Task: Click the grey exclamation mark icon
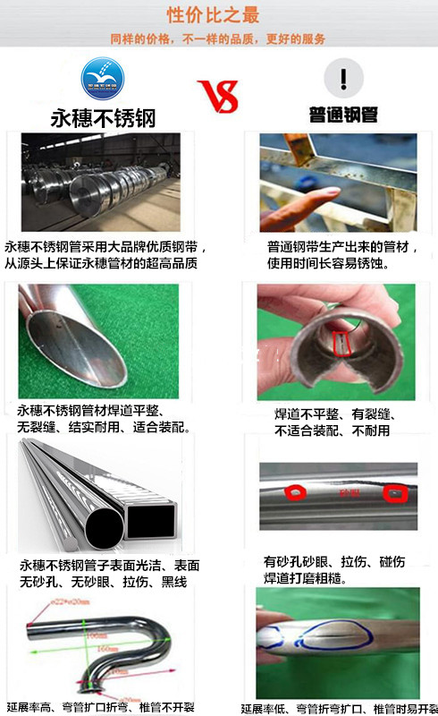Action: coord(342,78)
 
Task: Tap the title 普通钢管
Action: coord(343,117)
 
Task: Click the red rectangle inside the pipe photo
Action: coord(341,343)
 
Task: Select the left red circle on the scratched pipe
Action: coord(292,491)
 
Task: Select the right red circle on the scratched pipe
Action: coord(393,492)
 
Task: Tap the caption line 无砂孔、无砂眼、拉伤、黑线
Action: coord(104,583)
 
